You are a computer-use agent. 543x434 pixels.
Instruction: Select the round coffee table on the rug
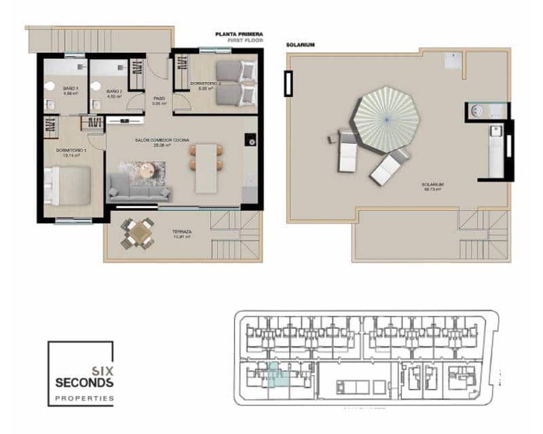(145, 173)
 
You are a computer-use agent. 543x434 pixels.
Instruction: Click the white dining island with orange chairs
(206, 167)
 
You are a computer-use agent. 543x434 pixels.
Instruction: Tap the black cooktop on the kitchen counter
(251, 142)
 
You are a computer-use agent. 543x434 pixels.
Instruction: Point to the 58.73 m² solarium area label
(432, 189)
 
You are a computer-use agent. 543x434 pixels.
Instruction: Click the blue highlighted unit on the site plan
(278, 374)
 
